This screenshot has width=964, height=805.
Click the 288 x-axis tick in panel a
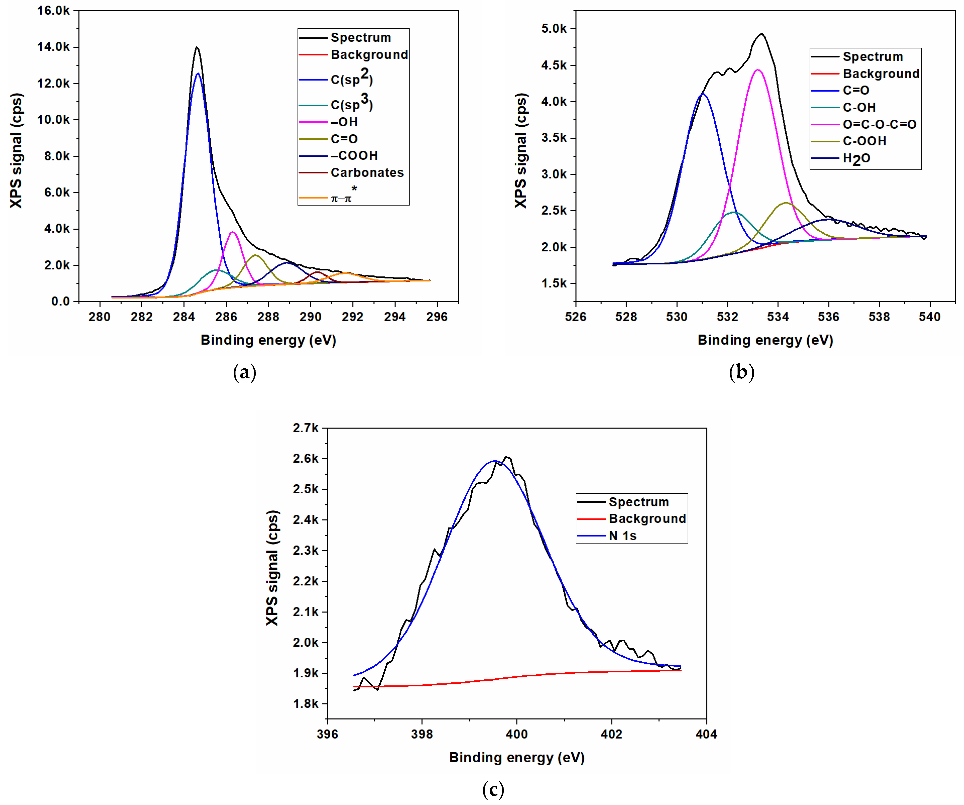pyautogui.click(x=268, y=317)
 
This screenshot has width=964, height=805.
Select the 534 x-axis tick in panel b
pyautogui.click(x=778, y=317)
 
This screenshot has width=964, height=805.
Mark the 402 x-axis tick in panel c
pyautogui.click(x=612, y=734)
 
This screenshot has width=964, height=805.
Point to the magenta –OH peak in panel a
pyautogui.click(x=233, y=232)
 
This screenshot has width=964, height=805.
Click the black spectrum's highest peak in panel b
pyautogui.click(x=762, y=34)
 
